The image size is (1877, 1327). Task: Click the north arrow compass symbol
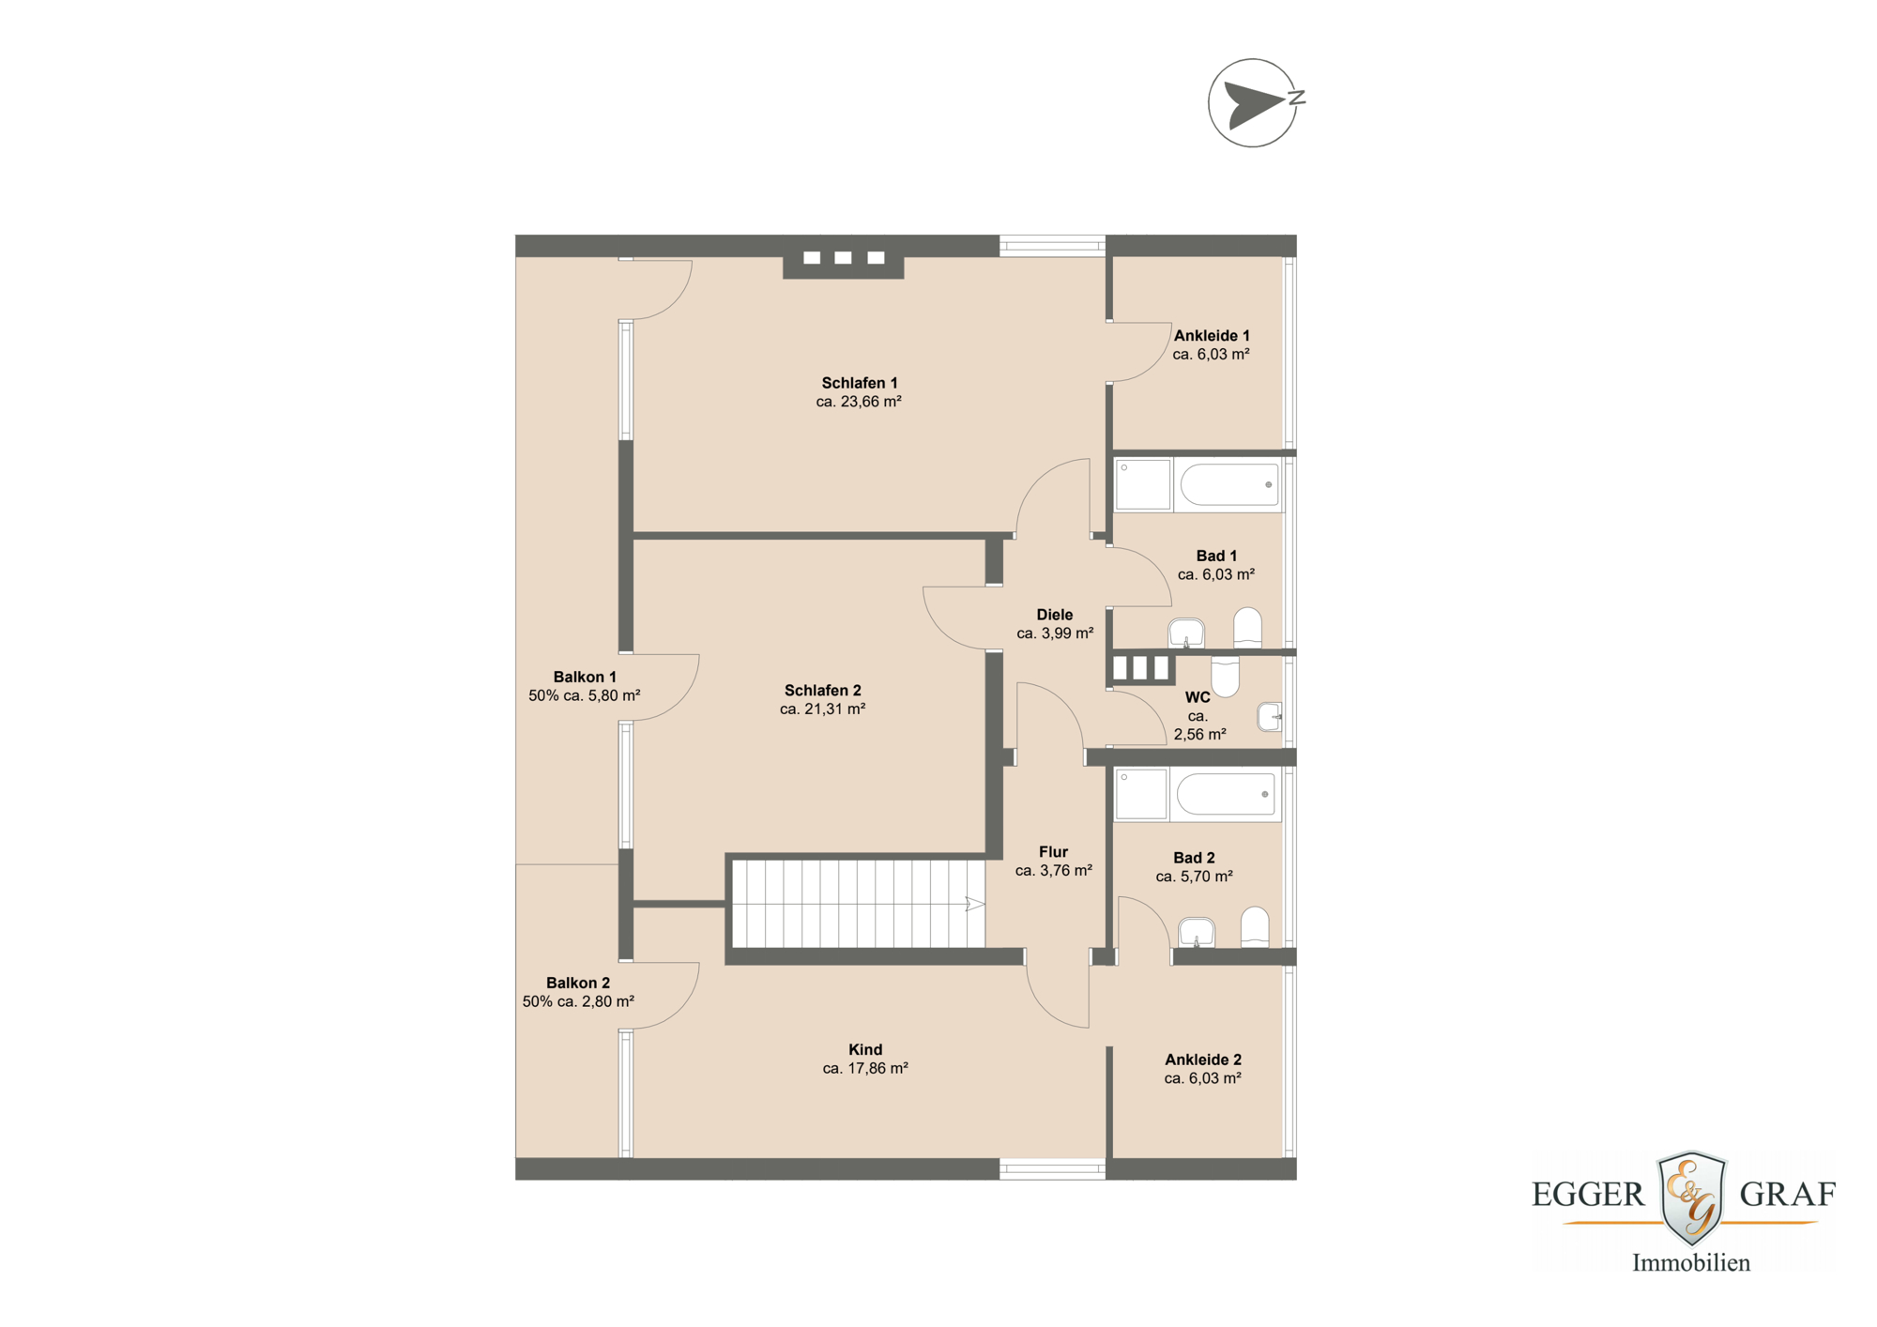1253,103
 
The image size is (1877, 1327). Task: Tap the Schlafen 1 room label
859,383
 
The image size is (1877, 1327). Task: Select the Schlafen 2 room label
822,691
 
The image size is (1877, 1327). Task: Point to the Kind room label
864,1049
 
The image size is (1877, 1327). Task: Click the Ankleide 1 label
1211,335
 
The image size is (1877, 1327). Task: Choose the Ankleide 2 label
1202,1060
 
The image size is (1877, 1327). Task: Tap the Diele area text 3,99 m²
1055,633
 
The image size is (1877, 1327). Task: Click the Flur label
1053,852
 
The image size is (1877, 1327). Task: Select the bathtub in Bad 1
1228,485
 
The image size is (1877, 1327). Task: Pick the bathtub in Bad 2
1226,794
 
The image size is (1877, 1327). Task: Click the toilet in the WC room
1225,676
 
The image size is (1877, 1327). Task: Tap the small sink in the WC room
1269,716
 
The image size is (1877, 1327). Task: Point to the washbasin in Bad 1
1186,633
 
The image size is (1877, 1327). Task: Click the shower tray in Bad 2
1140,794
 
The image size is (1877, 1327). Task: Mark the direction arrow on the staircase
974,905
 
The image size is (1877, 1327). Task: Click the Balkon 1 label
584,677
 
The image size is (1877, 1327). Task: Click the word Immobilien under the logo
1690,1263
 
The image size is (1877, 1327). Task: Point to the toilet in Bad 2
1254,926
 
